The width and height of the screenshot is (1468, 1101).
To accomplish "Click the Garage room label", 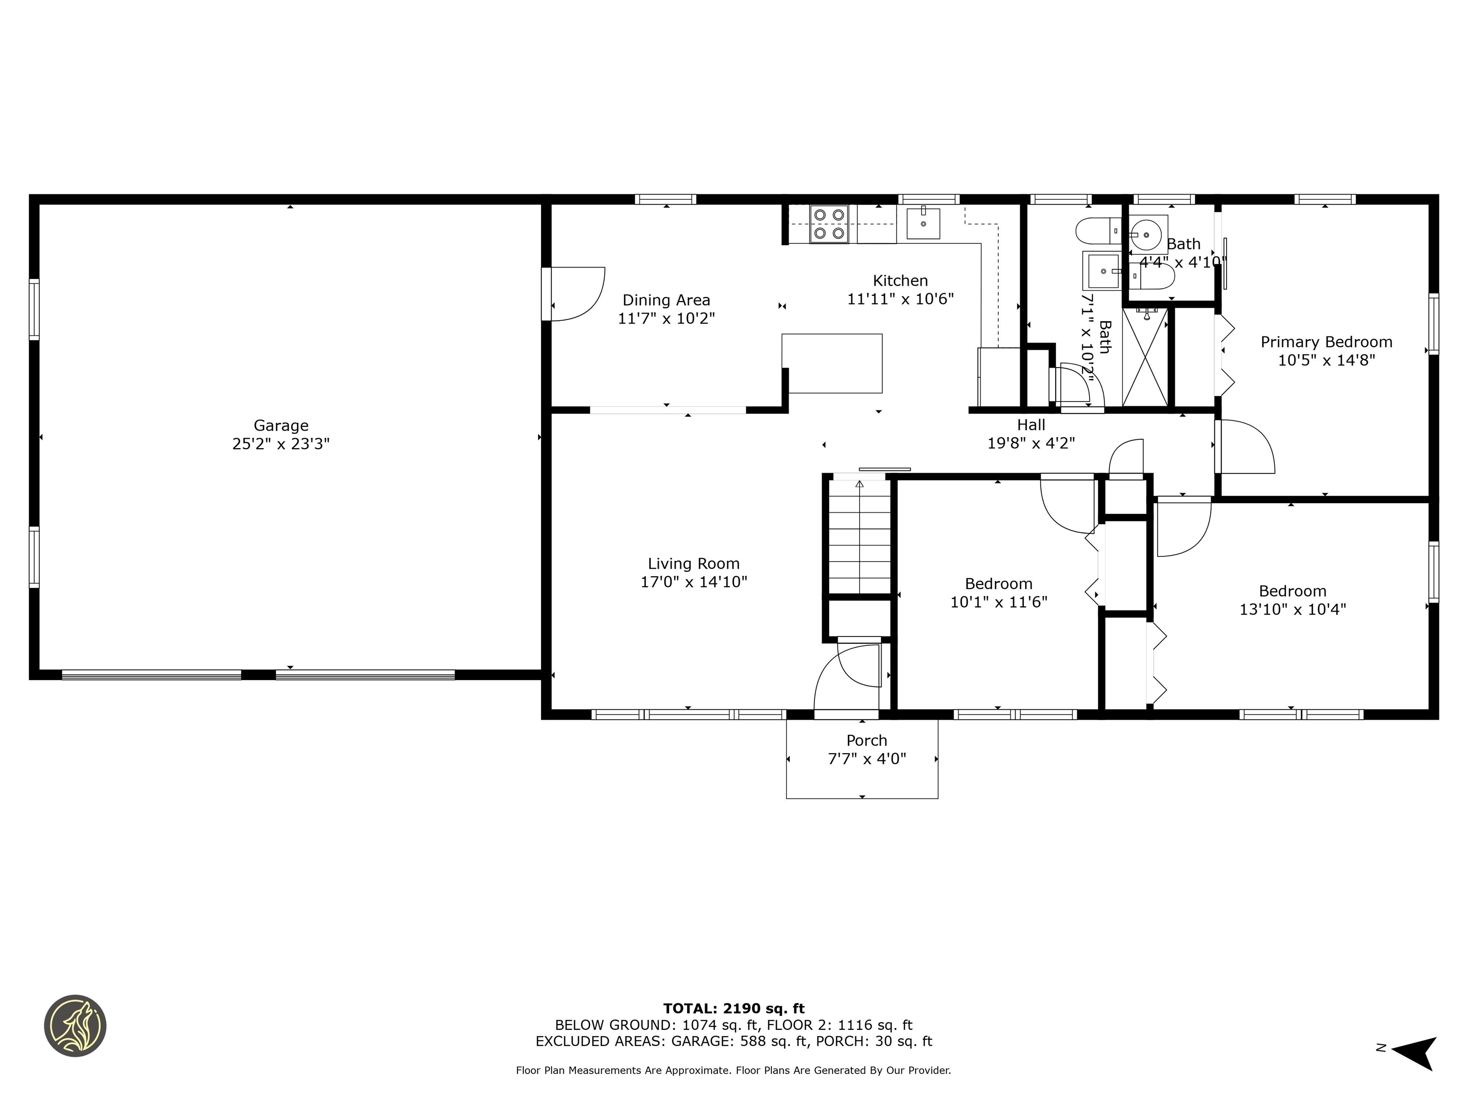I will coord(281,425).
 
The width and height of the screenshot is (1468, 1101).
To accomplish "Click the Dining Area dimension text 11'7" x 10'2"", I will coord(666,319).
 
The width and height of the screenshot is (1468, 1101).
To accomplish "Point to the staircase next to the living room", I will coord(859,538).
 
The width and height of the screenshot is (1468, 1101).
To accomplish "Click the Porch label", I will coord(866,741).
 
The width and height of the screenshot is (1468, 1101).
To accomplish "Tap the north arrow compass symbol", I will coord(1415,1053).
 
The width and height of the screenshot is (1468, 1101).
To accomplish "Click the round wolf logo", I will coord(75,1025).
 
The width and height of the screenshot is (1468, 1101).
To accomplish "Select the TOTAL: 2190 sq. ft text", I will coord(734,1009).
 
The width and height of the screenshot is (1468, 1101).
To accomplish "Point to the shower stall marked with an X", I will coord(1145,358).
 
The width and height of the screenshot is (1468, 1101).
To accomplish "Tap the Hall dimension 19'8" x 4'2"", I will coord(1031,443).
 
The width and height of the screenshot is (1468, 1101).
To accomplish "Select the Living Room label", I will coord(693,564).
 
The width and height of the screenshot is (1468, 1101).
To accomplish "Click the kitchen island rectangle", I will coord(832,363).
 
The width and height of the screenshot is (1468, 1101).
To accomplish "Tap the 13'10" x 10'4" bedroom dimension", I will coord(1292,609).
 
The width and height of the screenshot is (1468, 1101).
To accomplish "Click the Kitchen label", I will coord(900,281).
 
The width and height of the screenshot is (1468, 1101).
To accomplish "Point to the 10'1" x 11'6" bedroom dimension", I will coord(998,602).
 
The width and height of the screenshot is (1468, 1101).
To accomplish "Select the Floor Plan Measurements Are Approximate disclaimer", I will coord(734,1070).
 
